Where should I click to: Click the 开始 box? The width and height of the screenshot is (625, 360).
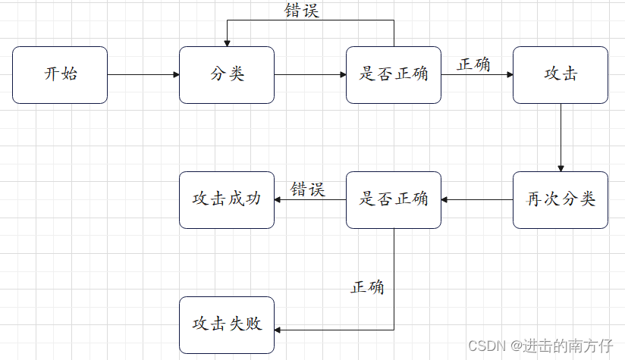click(60, 75)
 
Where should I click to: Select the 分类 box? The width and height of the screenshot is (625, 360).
click(226, 75)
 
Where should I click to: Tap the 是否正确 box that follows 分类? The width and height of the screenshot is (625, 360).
click(393, 75)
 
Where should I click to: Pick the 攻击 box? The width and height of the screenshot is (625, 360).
click(560, 75)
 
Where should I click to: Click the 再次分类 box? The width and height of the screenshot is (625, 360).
click(560, 200)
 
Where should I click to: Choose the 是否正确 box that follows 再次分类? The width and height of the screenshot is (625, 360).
click(393, 200)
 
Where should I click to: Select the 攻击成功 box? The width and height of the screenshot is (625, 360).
click(226, 200)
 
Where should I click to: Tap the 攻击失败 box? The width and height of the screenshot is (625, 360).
click(226, 325)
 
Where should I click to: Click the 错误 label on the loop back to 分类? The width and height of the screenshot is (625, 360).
click(302, 11)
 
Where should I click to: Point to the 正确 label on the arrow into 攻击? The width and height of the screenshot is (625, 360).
click(473, 64)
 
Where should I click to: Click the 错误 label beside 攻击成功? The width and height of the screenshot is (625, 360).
click(308, 189)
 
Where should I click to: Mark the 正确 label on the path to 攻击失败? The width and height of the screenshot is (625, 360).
click(367, 288)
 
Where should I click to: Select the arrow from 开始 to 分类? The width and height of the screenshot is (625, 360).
click(143, 75)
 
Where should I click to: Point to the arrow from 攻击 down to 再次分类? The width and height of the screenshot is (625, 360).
click(561, 137)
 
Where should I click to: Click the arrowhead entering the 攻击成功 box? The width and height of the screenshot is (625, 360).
click(278, 200)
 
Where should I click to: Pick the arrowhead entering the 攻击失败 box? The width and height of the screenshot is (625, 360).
click(278, 330)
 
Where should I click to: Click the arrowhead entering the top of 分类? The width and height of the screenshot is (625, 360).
click(227, 42)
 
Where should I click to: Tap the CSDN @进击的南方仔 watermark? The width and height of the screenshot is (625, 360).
click(540, 346)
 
